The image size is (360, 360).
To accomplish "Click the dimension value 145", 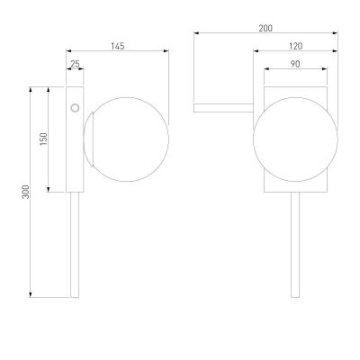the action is point(118,46).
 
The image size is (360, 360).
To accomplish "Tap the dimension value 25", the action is point(75,64).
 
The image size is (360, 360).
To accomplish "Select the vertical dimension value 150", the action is point(44,139).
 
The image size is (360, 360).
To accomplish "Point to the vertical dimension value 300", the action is point(26,192).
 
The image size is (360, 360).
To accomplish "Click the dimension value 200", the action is point(265,28).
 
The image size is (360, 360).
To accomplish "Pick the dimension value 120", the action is point(296,46).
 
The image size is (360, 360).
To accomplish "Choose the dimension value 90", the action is point(295,64).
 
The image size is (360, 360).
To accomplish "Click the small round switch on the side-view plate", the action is point(75,108).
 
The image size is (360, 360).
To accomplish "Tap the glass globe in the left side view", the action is point(129,139).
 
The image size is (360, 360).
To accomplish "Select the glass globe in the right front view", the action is point(295,139).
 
